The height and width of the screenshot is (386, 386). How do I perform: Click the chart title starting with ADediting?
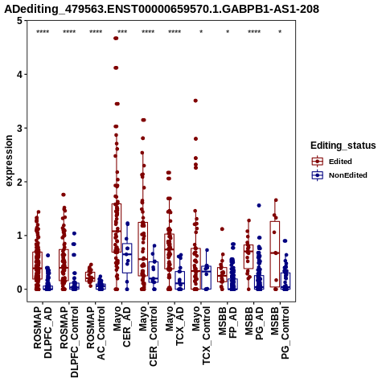(162, 9)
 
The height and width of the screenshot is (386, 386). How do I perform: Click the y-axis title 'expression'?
(9, 161)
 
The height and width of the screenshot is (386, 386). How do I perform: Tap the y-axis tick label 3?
(19, 128)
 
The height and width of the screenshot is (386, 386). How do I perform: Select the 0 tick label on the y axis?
(19, 289)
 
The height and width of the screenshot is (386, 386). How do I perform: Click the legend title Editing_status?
(343, 146)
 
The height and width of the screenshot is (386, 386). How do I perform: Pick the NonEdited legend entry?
(339, 175)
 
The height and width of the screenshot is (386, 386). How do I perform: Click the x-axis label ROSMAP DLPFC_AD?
(43, 333)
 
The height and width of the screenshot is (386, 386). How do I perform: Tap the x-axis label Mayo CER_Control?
(148, 336)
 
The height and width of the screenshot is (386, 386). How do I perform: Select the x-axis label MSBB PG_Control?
(280, 333)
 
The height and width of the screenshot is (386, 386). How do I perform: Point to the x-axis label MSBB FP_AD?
(228, 322)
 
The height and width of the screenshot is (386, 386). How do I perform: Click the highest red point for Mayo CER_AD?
(116, 39)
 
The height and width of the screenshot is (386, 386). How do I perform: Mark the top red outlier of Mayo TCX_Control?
(195, 101)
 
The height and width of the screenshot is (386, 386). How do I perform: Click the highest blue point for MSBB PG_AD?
(259, 206)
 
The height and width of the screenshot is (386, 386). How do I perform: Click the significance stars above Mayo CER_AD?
(122, 32)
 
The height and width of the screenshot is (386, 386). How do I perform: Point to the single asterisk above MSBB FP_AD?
(228, 32)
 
